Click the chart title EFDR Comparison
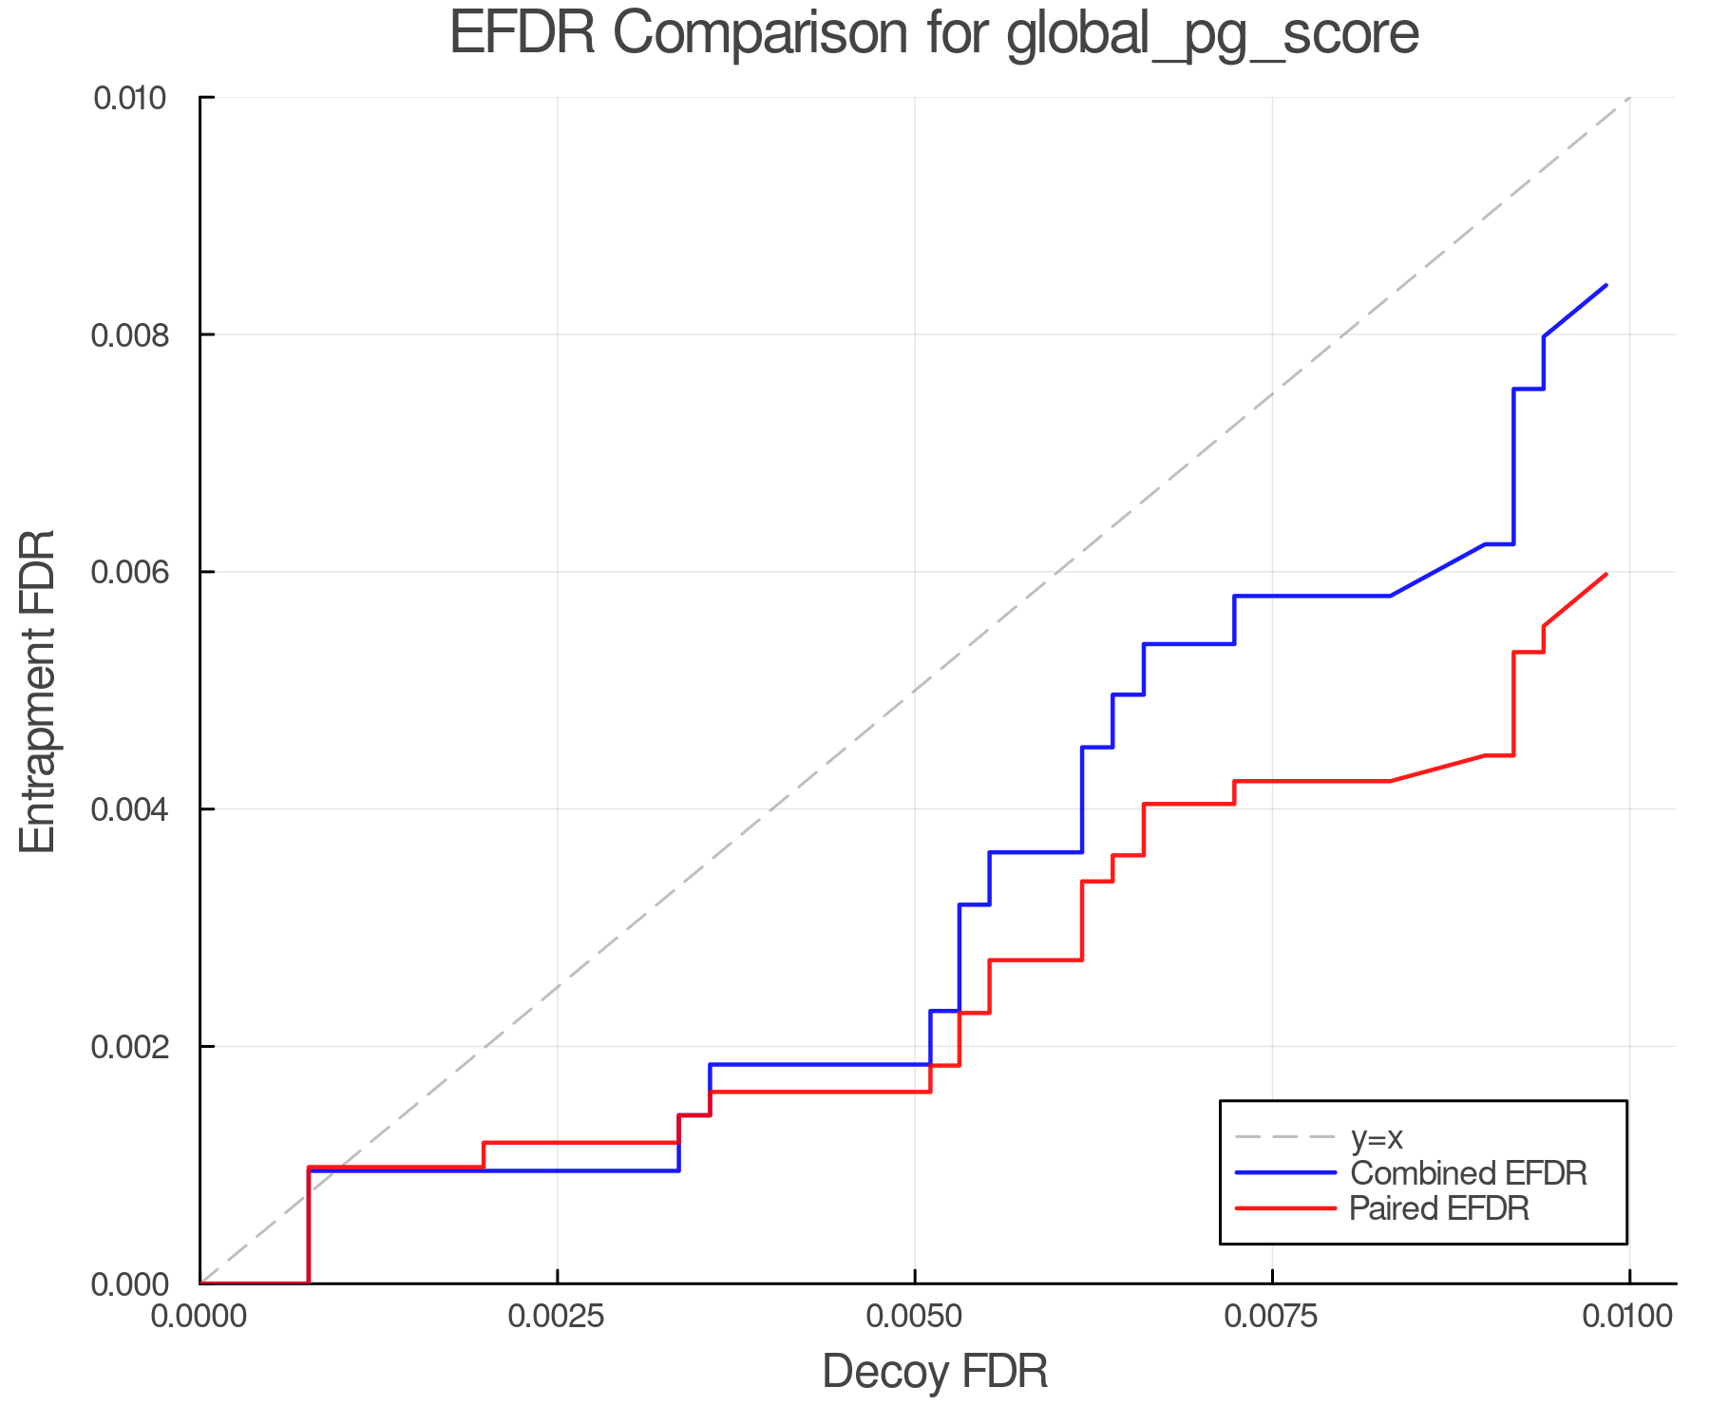click(x=934, y=33)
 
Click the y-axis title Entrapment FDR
click(x=38, y=692)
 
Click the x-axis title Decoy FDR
click(x=935, y=1371)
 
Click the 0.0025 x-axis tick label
click(x=557, y=1316)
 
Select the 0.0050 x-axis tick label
click(x=914, y=1316)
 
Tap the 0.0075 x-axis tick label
click(x=1271, y=1316)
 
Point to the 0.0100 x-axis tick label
click(x=1628, y=1316)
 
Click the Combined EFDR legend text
click(x=1468, y=1172)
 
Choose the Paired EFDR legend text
click(x=1439, y=1208)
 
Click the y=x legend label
click(x=1377, y=1136)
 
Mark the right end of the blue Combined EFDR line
click(x=1605, y=285)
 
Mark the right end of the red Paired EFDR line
click(x=1605, y=574)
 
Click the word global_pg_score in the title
click(x=1212, y=33)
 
